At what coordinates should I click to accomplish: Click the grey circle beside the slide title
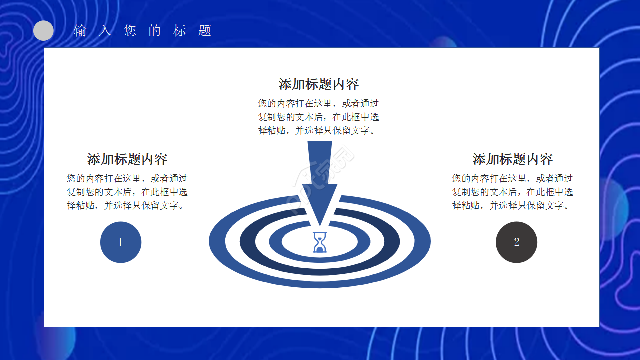[43, 31]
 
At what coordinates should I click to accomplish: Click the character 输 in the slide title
[80, 31]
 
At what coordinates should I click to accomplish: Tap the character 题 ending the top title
[205, 31]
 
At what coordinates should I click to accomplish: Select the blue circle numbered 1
[121, 242]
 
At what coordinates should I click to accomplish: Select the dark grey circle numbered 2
[516, 242]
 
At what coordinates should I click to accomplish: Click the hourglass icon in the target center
[320, 242]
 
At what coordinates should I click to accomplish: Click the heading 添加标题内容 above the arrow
[319, 84]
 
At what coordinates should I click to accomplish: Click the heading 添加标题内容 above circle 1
[127, 159]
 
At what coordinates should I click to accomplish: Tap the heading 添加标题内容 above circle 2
[512, 159]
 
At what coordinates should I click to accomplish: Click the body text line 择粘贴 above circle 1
[127, 205]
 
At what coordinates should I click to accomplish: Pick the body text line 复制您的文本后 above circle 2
[512, 192]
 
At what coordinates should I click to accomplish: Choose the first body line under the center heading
[319, 104]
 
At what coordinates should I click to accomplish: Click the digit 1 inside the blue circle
[120, 242]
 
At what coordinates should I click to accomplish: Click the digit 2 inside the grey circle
[516, 242]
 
